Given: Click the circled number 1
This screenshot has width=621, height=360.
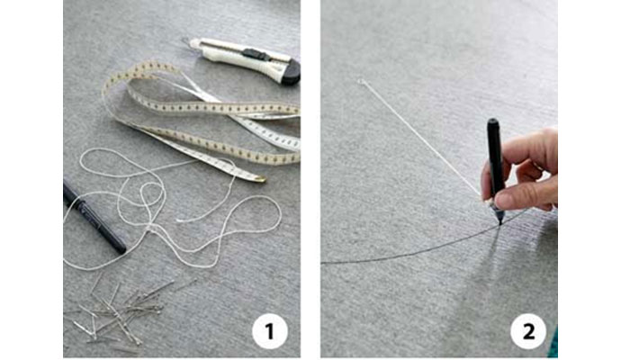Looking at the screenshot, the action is click(x=270, y=331).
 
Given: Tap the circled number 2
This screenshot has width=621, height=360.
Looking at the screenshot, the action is click(x=528, y=331).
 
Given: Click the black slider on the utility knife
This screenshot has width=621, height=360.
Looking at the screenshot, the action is click(x=255, y=55).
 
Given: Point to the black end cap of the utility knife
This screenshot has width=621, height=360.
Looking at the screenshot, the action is click(x=291, y=73).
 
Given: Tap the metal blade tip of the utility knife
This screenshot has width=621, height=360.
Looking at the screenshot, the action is click(x=185, y=40).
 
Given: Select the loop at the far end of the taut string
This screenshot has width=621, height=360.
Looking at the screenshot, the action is click(x=361, y=82).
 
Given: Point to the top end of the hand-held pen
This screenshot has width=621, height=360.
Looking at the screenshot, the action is click(x=492, y=121).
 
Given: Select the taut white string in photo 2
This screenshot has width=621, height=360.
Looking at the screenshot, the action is click(x=421, y=139).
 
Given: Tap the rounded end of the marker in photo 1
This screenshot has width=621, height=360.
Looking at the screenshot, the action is click(x=120, y=247).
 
